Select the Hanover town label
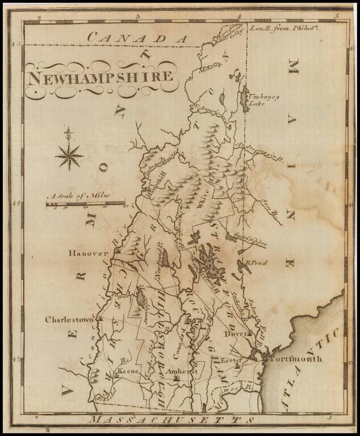pyautogui.click(x=89, y=253)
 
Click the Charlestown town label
pyautogui.click(x=69, y=320)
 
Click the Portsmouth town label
pyautogui.click(x=295, y=359)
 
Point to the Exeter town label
pyautogui.click(x=233, y=360)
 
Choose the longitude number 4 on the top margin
pyautogui.click(x=239, y=18)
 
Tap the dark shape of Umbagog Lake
pyautogui.click(x=244, y=100)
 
